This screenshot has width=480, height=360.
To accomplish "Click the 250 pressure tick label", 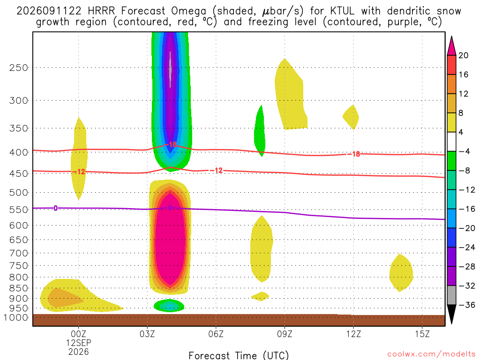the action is (x=19, y=67).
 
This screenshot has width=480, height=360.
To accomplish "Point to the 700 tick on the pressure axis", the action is (x=19, y=253).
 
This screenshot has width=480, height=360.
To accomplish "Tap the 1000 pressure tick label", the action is (x=16, y=317).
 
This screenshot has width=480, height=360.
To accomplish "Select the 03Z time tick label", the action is (x=147, y=334).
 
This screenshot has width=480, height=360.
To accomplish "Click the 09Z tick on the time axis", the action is (x=285, y=334).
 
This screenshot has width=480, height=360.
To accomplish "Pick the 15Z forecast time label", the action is (x=422, y=334).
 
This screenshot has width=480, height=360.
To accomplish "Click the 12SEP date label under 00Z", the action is (x=79, y=343).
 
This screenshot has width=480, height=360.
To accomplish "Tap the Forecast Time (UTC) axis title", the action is (x=239, y=355).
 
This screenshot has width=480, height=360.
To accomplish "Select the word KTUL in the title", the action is (x=342, y=11).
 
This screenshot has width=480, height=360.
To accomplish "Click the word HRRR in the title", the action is (x=101, y=11).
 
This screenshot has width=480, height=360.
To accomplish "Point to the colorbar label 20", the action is (x=464, y=55).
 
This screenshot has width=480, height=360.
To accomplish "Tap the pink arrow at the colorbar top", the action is (x=451, y=45).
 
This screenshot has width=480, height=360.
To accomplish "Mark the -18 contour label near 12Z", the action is (x=354, y=154).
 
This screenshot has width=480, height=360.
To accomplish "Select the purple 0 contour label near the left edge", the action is (x=55, y=208).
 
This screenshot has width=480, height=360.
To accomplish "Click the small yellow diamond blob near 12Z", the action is (x=351, y=117).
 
